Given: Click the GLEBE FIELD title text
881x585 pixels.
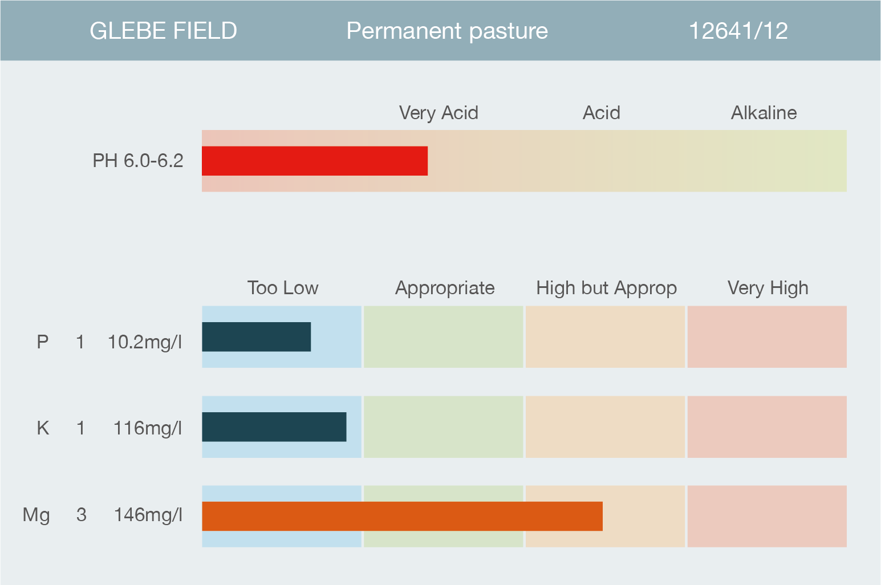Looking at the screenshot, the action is [x=163, y=31].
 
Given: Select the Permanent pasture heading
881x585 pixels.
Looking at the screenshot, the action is [x=447, y=31].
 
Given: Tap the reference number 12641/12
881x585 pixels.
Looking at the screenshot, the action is [x=738, y=31].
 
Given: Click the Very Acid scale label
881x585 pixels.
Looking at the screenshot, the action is [x=439, y=113].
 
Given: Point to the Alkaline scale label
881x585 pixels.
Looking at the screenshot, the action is [x=764, y=113].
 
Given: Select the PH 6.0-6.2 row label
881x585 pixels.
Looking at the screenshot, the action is [x=138, y=161].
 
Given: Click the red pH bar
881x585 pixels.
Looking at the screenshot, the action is [x=315, y=161].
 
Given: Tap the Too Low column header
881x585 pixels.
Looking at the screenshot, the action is [x=283, y=288].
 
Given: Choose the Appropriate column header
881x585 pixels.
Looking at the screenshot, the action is [x=445, y=289].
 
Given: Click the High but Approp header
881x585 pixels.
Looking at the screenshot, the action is [x=607, y=289].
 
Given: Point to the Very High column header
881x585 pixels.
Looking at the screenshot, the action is [x=768, y=289].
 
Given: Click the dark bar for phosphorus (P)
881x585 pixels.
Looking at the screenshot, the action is [x=257, y=337].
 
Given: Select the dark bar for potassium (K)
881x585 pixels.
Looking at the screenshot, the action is [x=274, y=427].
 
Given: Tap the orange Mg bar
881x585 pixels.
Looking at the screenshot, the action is [x=403, y=516].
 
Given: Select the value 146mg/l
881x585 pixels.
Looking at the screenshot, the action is [x=148, y=515].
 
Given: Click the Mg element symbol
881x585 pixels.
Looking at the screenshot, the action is [x=36, y=515].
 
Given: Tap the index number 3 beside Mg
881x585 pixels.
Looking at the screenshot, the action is [x=82, y=515].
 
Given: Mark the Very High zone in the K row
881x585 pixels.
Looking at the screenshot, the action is [x=767, y=427].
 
